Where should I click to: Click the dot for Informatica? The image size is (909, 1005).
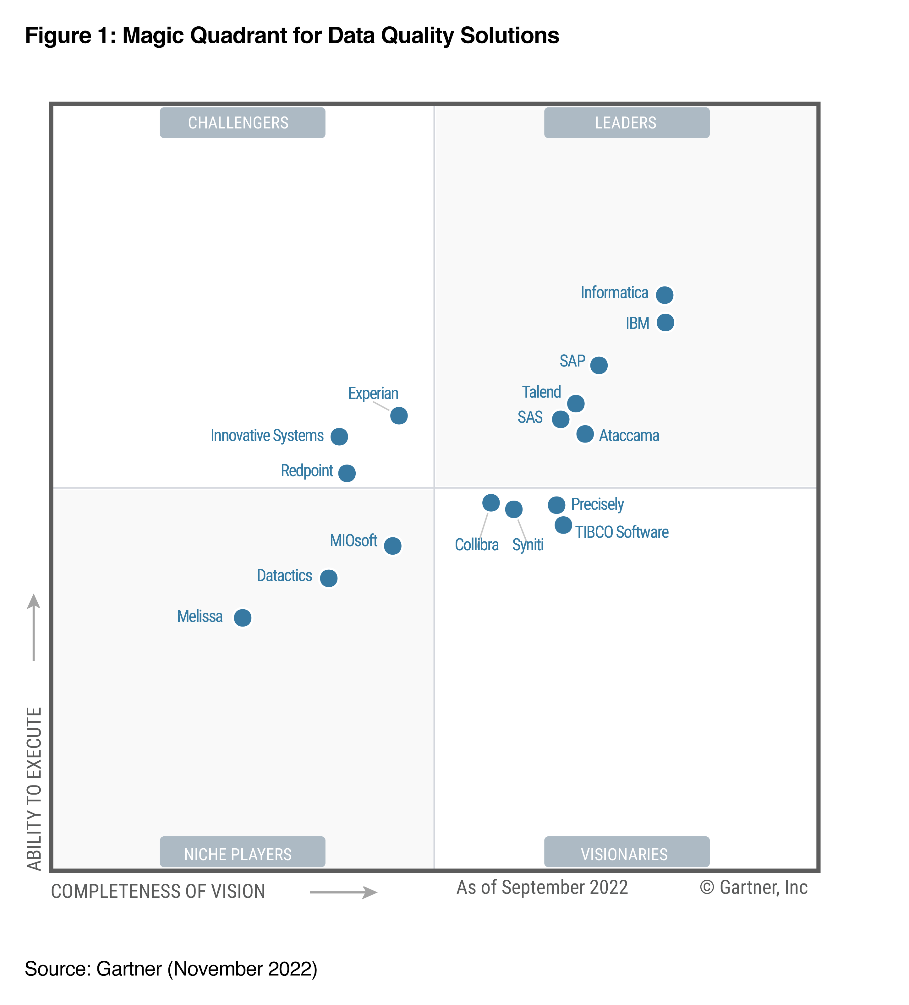pyautogui.click(x=664, y=295)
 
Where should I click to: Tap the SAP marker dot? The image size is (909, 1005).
pyautogui.click(x=599, y=365)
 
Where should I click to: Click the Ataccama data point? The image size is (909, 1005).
pyautogui.click(x=585, y=434)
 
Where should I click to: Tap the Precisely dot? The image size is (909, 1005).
pyautogui.click(x=556, y=505)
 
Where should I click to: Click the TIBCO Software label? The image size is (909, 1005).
pyautogui.click(x=622, y=532)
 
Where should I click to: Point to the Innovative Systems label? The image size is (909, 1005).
pyautogui.click(x=267, y=435)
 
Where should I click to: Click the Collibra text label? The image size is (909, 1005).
pyautogui.click(x=477, y=544)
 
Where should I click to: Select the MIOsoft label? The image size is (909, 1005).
pyautogui.click(x=353, y=541)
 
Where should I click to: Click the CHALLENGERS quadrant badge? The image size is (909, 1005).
pyautogui.click(x=242, y=122)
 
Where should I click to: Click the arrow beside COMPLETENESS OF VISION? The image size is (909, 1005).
pyautogui.click(x=343, y=892)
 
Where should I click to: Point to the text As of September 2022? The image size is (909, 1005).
pyautogui.click(x=542, y=887)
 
